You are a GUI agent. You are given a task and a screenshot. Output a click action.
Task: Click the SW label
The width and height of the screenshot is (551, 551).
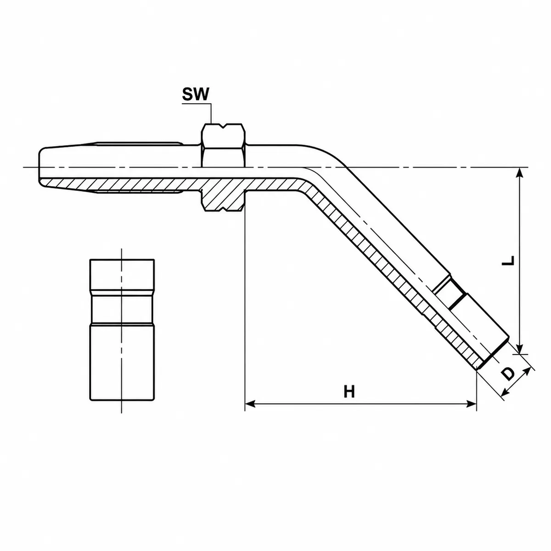click(x=196, y=94)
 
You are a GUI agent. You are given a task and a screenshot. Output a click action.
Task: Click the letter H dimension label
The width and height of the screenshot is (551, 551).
click(x=349, y=392)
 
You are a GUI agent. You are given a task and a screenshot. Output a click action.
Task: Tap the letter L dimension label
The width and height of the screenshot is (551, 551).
click(x=508, y=260)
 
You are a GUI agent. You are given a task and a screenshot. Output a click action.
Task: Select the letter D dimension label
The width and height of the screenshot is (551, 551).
click(x=508, y=374)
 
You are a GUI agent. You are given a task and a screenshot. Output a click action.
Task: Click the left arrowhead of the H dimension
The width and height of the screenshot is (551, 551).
click(x=250, y=404)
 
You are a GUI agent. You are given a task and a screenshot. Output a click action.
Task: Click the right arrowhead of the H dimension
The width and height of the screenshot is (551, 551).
click(x=472, y=404)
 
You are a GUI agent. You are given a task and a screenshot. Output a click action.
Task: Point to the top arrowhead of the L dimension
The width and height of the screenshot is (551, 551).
click(x=520, y=173)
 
